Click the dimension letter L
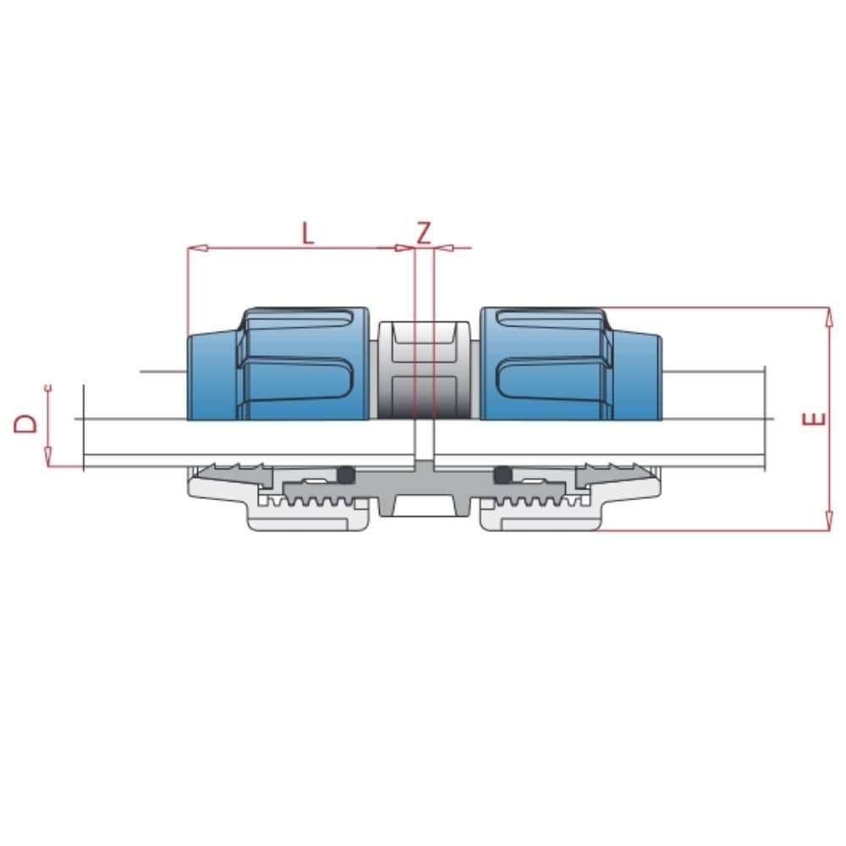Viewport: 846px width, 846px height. [308, 233]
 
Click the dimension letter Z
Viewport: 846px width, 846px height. [425, 233]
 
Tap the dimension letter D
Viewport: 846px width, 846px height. [26, 424]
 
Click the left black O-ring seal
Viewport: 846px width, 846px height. [346, 475]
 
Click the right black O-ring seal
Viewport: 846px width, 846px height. [503, 475]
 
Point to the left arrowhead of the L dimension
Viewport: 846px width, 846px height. [197, 248]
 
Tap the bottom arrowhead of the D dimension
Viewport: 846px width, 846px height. [48, 457]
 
